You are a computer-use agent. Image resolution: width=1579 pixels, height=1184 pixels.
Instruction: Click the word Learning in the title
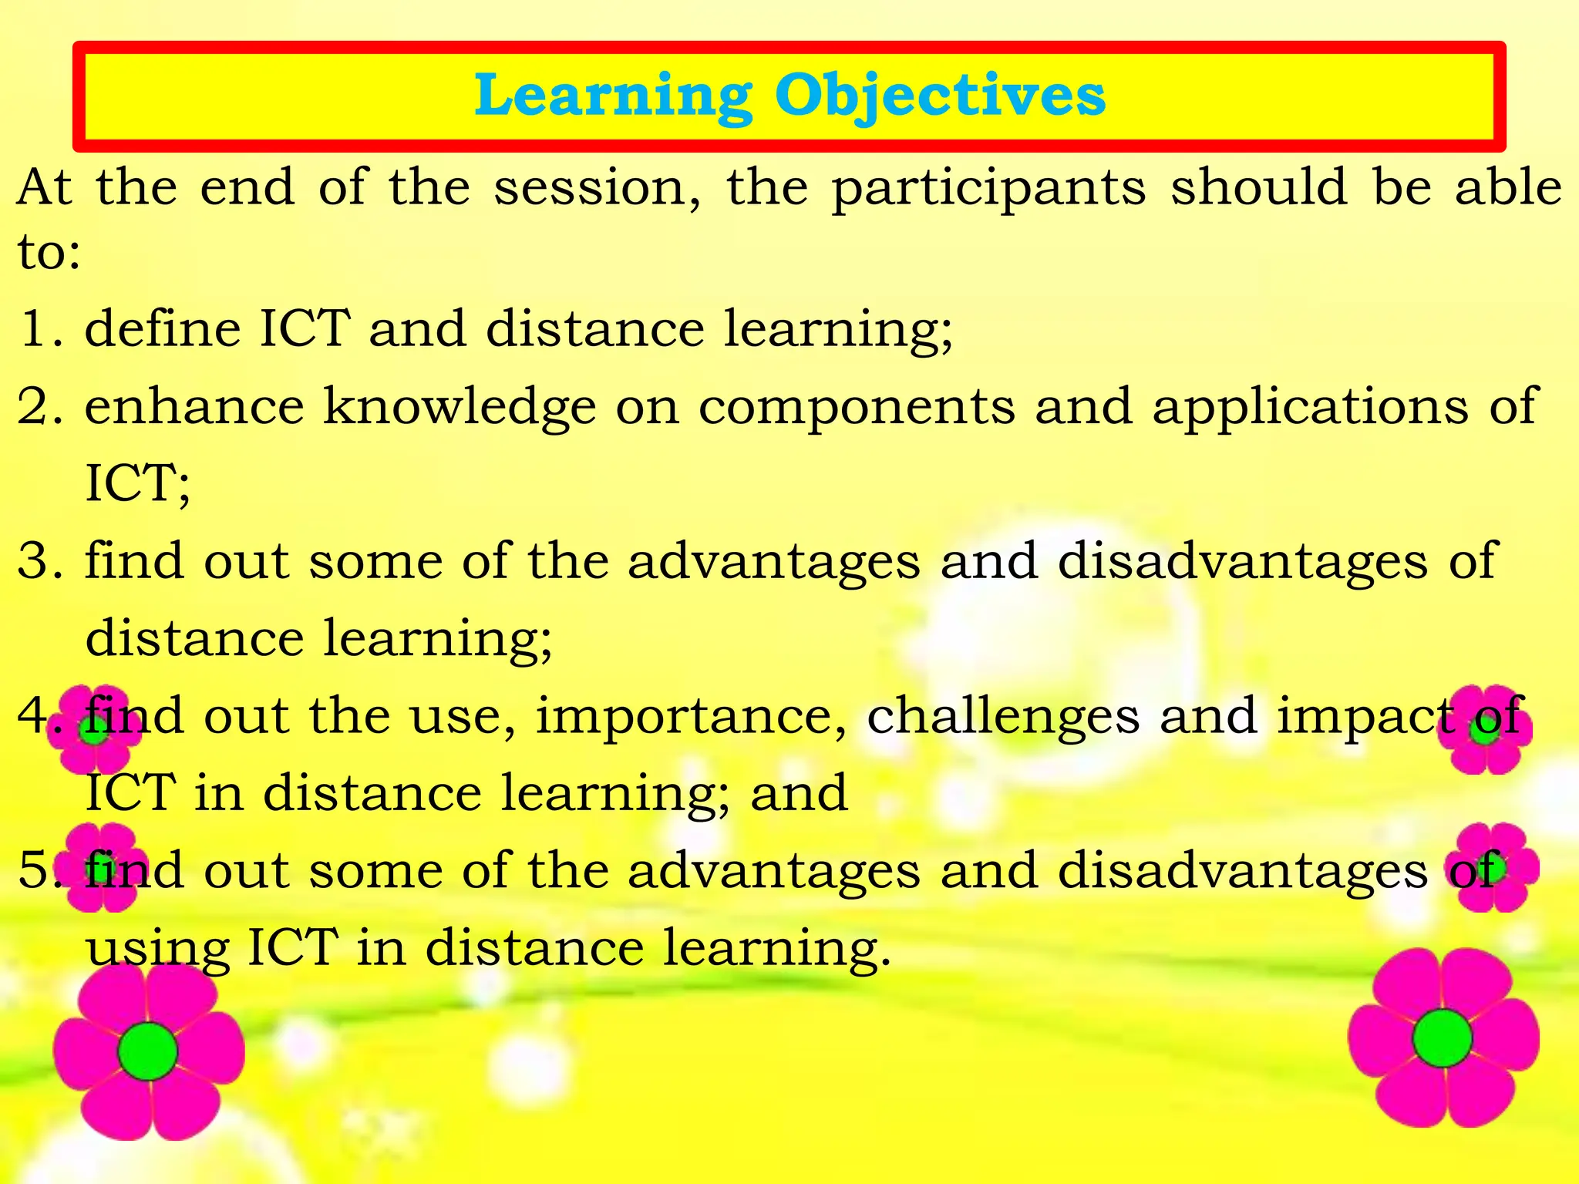click(x=613, y=96)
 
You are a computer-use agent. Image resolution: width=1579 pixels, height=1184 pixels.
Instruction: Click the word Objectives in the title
click(x=940, y=96)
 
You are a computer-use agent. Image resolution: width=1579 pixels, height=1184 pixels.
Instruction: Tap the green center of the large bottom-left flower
click(x=148, y=1051)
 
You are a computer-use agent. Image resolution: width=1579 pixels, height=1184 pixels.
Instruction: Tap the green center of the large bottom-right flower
click(x=1442, y=1038)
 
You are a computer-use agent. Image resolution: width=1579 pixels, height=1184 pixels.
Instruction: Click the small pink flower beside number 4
click(x=95, y=729)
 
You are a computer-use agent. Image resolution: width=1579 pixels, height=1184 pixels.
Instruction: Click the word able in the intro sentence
click(x=1507, y=187)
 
